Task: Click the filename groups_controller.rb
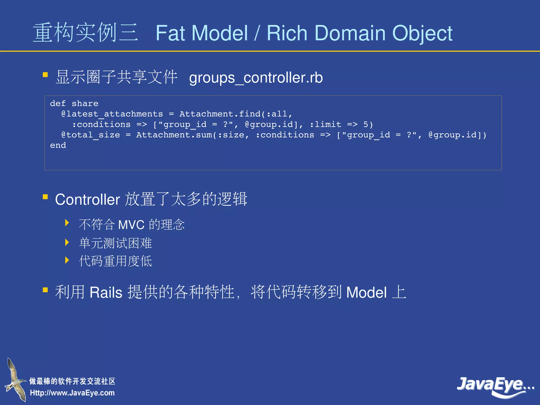pos(256,78)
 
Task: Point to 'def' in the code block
pos(58,103)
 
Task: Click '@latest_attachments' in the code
pos(112,114)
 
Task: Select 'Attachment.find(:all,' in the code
pos(236,114)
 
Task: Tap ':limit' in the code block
pos(325,124)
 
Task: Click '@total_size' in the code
pos(90,135)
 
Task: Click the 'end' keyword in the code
pos(58,145)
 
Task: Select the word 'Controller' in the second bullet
pos(88,200)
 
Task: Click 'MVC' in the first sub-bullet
pos(131,225)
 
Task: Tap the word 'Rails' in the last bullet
pos(106,292)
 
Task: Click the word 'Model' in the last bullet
pos(366,292)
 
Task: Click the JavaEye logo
pos(494,386)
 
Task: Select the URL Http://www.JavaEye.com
pos(72,393)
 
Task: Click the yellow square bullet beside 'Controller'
pos(45,197)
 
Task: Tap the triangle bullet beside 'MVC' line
pos(67,223)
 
